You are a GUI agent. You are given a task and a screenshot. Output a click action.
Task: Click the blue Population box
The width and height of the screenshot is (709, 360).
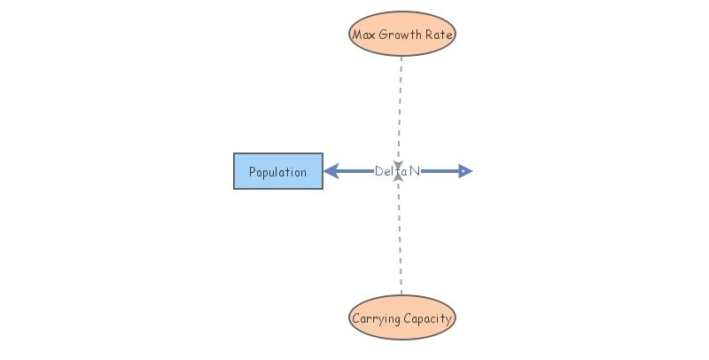pos(278,171)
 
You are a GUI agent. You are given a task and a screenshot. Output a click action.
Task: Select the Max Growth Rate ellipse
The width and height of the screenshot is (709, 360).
pos(401,35)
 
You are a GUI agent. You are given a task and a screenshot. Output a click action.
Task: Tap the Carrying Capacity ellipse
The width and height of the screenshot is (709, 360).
pos(401,317)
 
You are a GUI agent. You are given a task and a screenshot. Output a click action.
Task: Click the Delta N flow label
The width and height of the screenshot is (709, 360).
pos(397,171)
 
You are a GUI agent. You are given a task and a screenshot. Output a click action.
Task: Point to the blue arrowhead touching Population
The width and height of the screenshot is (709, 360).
pos(331,171)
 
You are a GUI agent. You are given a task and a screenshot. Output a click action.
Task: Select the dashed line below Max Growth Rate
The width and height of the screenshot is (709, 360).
pos(401,106)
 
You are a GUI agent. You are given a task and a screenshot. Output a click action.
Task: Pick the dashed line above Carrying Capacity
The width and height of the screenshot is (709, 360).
pos(401,239)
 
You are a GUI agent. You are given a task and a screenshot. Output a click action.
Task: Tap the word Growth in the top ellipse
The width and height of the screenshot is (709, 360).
pos(399,35)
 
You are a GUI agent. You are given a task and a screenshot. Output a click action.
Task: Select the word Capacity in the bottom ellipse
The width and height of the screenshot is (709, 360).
pos(429,318)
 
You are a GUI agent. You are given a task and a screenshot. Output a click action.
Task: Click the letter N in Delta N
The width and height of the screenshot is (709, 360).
pos(415,171)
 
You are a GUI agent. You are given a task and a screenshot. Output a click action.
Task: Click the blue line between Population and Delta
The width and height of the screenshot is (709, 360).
pos(354,171)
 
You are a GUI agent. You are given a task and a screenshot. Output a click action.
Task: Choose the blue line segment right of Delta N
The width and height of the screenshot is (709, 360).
pos(440,171)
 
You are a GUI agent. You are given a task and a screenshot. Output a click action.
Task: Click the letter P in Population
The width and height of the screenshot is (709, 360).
pos(253,172)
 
